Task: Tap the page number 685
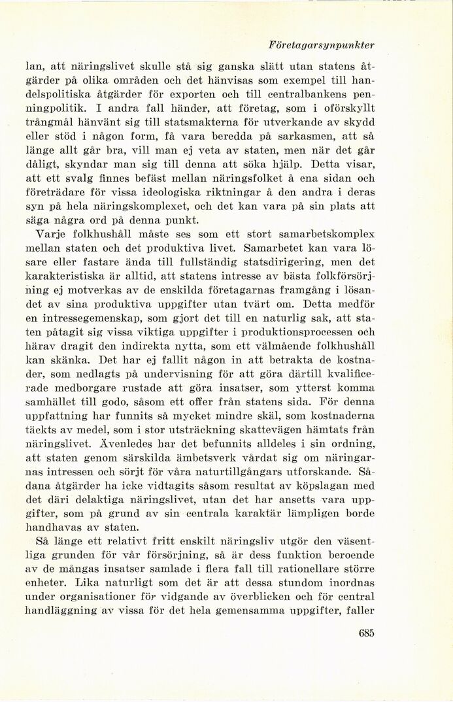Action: click(366, 632)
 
